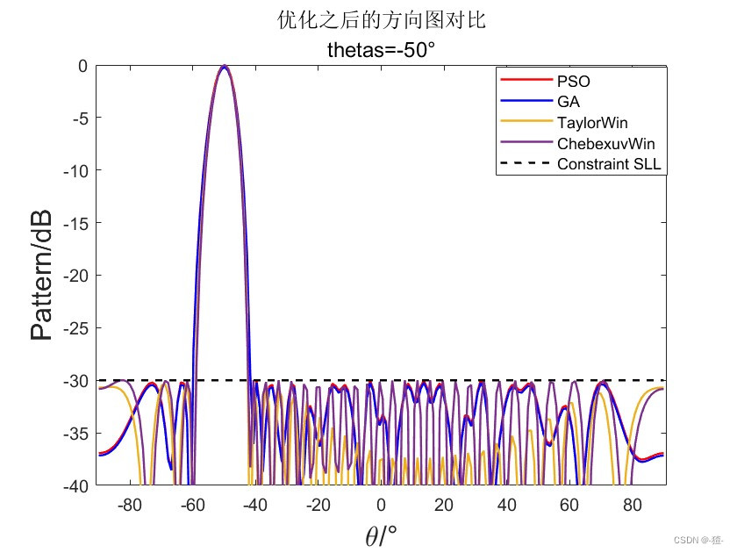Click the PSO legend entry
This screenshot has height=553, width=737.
click(574, 81)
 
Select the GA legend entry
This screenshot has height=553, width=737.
click(568, 102)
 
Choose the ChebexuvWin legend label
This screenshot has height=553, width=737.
click(605, 143)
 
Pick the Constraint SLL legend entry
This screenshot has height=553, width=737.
click(608, 164)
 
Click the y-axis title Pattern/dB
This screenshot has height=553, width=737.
click(41, 275)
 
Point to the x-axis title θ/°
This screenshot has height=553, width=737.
click(381, 534)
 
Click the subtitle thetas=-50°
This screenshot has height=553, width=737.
click(381, 49)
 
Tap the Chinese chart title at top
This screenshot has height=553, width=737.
click(381, 20)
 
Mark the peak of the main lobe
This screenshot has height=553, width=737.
click(225, 66)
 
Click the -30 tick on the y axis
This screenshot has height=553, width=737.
click(75, 380)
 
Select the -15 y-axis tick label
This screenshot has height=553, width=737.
click(75, 223)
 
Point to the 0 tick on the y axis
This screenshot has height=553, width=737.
click(82, 66)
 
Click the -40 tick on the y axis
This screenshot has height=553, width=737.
click(75, 485)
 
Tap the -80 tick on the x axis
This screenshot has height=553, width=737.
click(129, 505)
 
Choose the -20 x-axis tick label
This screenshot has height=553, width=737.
click(318, 505)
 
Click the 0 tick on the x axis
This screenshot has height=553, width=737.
click(381, 505)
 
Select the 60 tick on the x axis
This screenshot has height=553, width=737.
click(569, 505)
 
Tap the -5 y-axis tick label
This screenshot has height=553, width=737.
click(79, 118)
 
